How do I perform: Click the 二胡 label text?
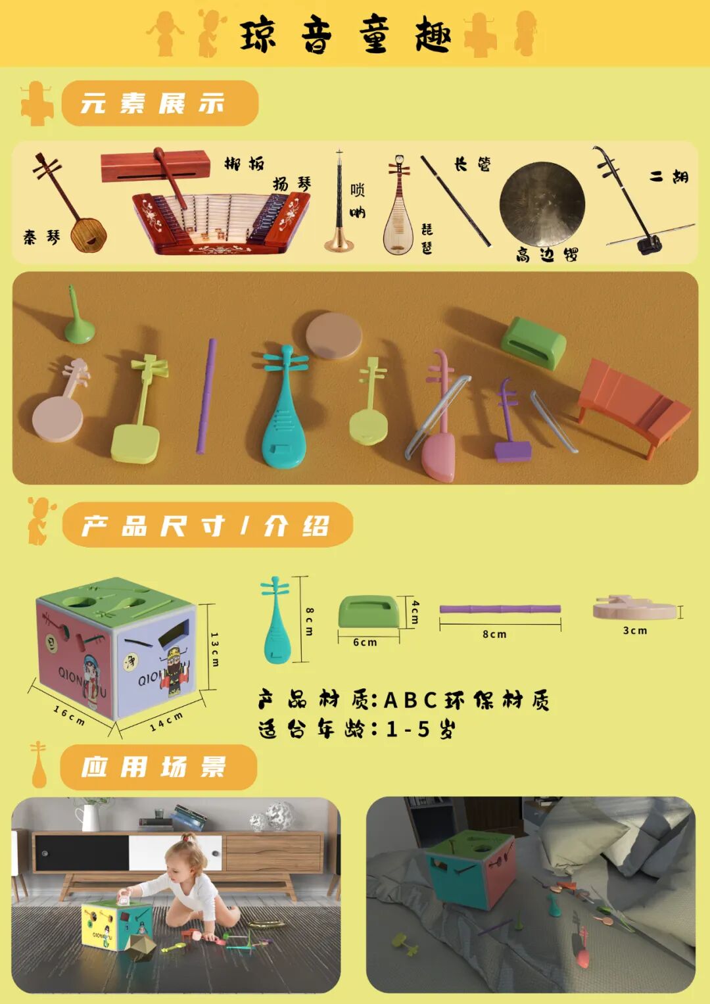669,176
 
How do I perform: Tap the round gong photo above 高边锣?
542,204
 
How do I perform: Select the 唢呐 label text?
357,201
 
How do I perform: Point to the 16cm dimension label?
69,715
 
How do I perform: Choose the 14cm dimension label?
166,721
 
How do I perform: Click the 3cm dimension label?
634,631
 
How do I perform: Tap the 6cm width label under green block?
365,642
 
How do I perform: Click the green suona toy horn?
78,318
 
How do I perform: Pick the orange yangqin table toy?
632,405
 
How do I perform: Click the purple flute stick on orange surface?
206,396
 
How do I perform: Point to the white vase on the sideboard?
88,818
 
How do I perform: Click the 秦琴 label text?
41,237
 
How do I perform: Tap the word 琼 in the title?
258,35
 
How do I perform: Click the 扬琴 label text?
292,184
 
